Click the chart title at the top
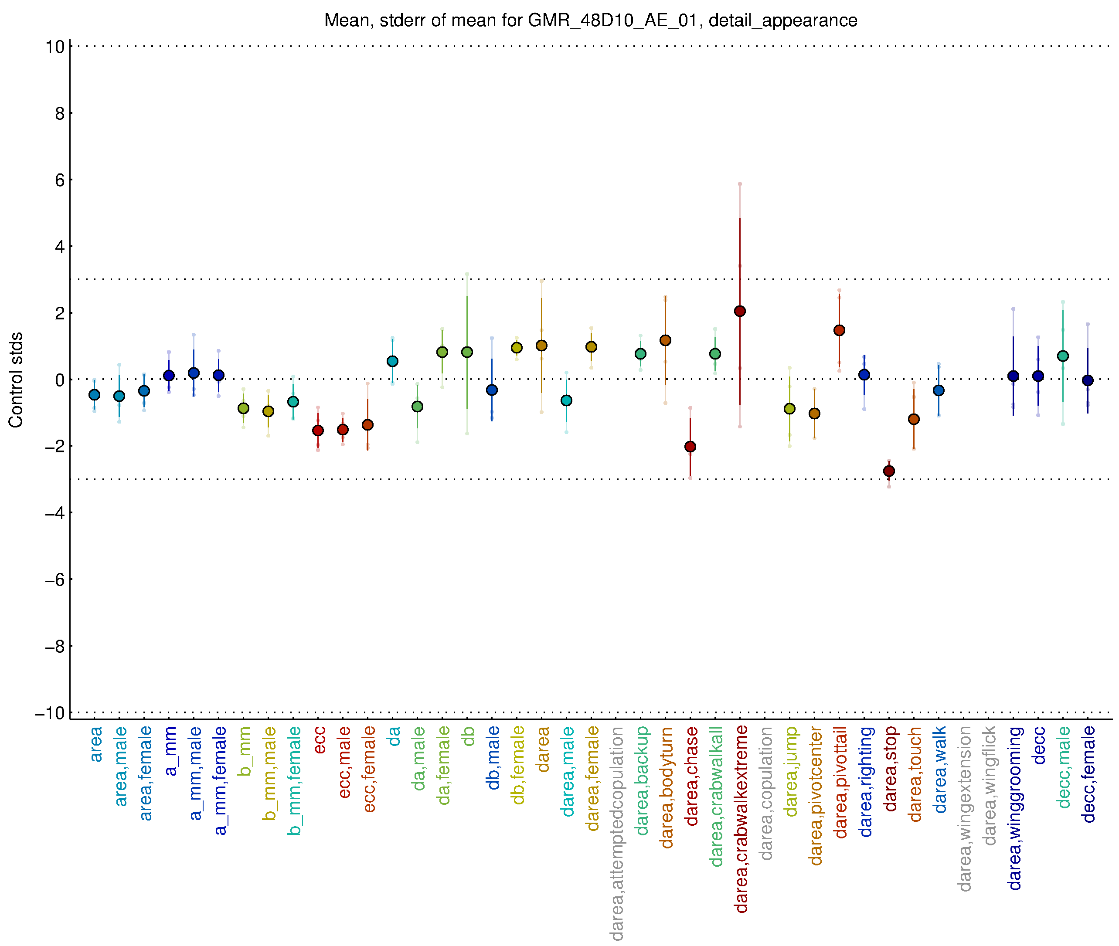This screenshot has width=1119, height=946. click(x=591, y=20)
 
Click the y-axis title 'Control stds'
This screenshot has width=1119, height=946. click(x=16, y=380)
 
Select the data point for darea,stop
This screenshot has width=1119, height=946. click(x=889, y=471)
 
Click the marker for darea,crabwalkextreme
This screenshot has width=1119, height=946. click(x=740, y=311)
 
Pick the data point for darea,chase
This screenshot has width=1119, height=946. click(x=690, y=446)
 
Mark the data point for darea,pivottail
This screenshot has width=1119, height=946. click(x=840, y=330)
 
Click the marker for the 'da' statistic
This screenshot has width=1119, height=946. click(x=393, y=362)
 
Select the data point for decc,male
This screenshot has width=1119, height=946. click(x=1063, y=356)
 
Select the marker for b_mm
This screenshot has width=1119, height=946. click(x=244, y=408)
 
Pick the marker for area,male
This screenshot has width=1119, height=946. click(x=119, y=396)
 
